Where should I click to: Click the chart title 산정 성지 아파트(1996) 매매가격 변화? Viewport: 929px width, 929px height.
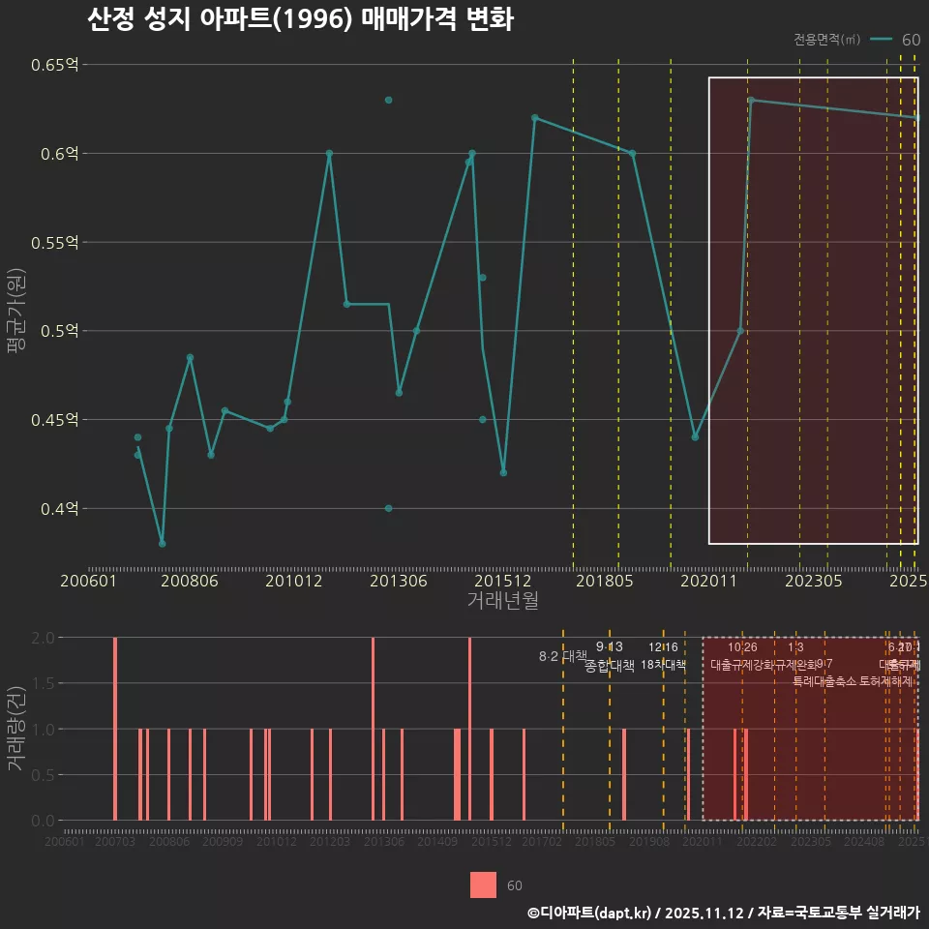[x=300, y=19]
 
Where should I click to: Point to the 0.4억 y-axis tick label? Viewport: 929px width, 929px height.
[x=60, y=508]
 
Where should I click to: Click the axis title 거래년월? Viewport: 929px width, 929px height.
[x=502, y=600]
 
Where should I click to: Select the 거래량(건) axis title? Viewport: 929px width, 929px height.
[x=16, y=729]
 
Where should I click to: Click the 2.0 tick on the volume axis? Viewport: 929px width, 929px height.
[x=43, y=638]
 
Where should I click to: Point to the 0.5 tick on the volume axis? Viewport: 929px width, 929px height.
[x=43, y=774]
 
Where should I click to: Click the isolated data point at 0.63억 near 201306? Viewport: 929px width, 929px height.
[x=388, y=100]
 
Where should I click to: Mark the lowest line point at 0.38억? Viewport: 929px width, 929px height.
[x=162, y=543]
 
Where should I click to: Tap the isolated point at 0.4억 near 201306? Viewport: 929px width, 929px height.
[x=388, y=508]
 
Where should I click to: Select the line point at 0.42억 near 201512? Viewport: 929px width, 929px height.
[x=503, y=472]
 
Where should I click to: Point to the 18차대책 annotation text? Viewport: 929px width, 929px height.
[x=663, y=665]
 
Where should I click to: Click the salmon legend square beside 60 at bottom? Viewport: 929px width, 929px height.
[x=483, y=885]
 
